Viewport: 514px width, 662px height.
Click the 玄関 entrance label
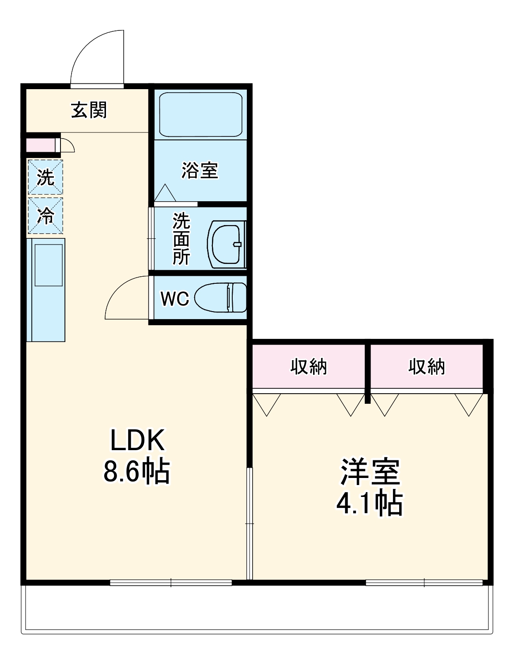tap(89, 110)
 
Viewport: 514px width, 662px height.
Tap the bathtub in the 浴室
tap(200, 114)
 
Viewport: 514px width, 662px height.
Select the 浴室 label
tap(200, 170)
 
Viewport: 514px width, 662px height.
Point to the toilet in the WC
tap(220, 298)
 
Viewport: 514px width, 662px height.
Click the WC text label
tap(175, 299)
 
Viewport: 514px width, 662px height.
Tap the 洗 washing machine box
tap(45, 177)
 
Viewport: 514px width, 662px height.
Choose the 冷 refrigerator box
tap(45, 216)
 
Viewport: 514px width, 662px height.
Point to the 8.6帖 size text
tap(136, 471)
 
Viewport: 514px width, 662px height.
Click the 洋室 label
tap(370, 471)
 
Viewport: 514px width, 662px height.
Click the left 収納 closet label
tap(309, 367)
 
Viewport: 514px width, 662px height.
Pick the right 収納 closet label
tap(427, 367)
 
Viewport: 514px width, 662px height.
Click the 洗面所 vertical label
tap(181, 239)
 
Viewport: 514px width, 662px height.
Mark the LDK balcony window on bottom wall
tap(171, 583)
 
